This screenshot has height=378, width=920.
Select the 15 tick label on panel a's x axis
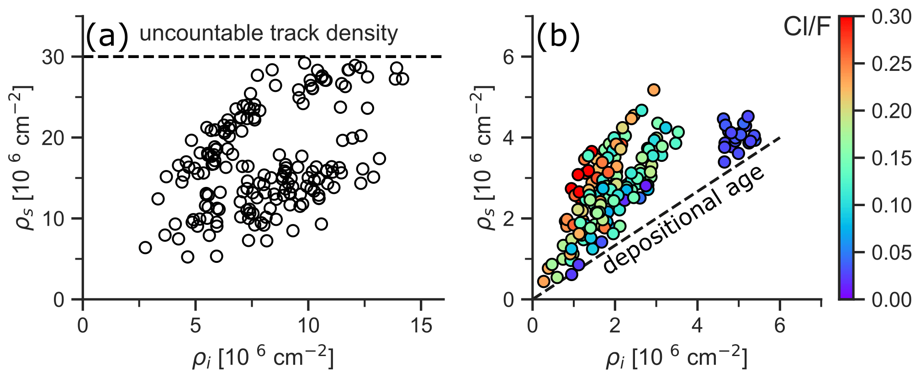(421, 325)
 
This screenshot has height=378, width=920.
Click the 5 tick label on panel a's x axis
(196, 325)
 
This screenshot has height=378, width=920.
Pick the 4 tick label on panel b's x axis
(697, 325)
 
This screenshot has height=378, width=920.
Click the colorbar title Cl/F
(807, 27)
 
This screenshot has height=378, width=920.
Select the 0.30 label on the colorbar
(891, 17)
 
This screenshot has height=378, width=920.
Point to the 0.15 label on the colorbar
(891, 158)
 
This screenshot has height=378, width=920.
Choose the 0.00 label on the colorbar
(891, 299)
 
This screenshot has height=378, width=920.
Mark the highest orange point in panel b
(654, 90)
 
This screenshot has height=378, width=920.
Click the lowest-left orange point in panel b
(544, 281)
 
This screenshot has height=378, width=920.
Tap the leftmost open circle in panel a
(145, 248)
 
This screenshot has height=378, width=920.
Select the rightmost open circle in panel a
(402, 79)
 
